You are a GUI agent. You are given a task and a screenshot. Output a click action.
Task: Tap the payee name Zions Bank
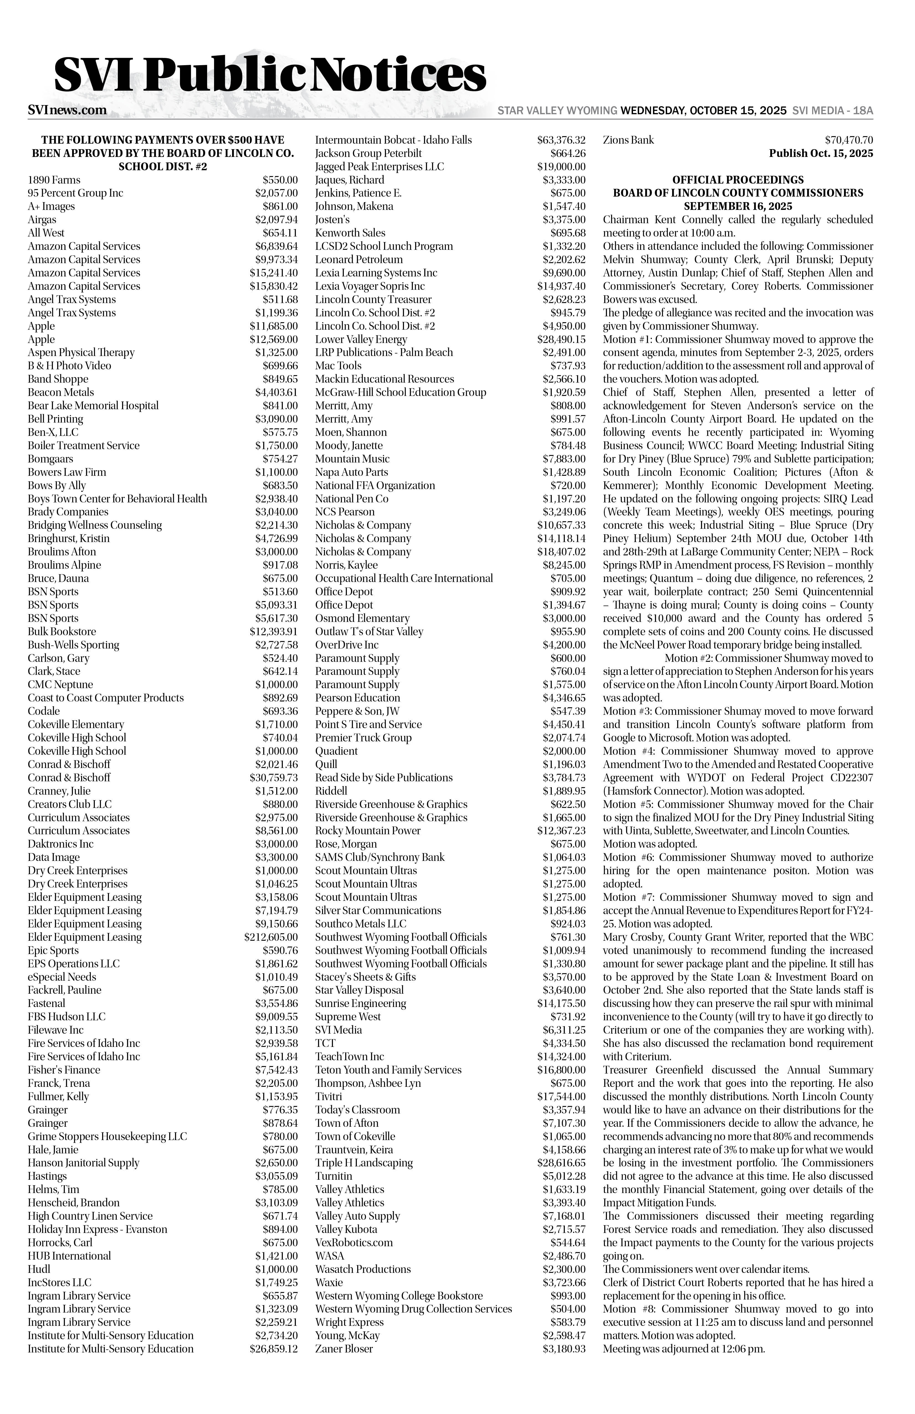coord(628,140)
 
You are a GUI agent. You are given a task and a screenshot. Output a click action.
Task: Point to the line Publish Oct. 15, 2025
coord(820,153)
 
